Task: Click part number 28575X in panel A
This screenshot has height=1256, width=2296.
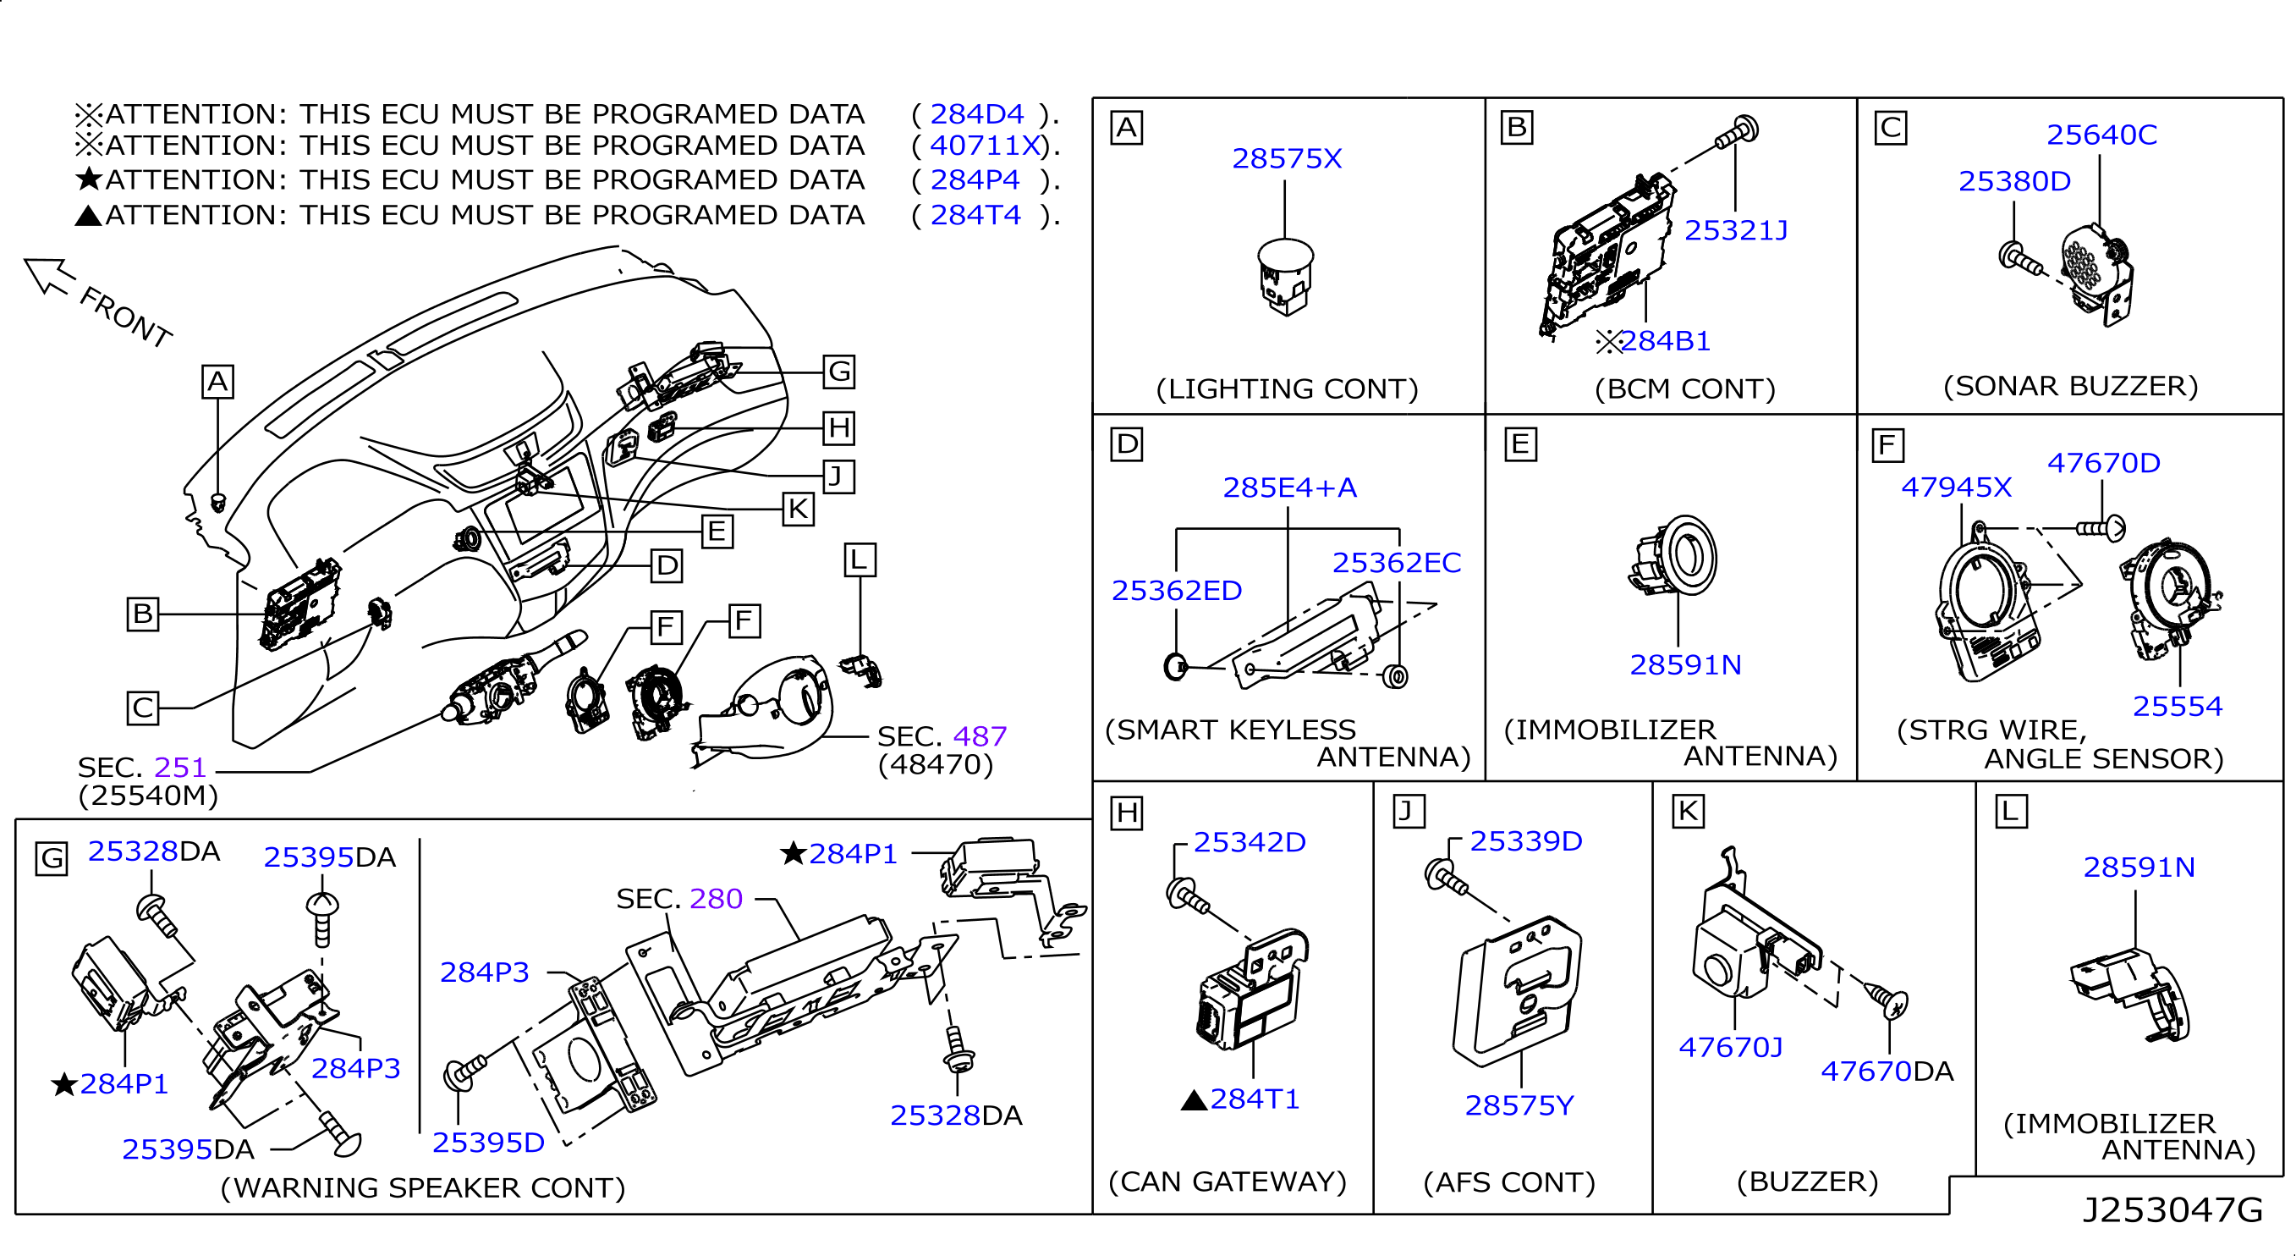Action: tap(1286, 158)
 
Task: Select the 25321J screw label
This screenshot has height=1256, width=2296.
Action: tap(1735, 231)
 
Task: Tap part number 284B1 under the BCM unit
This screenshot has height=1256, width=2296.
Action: tap(1665, 341)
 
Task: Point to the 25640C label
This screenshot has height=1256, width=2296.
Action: tap(2101, 135)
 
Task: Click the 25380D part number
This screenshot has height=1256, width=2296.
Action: tap(2013, 182)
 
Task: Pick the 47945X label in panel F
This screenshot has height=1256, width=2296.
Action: tap(1956, 488)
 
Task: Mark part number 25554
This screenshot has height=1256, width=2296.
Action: tap(2177, 707)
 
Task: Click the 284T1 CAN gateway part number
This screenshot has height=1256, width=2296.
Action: tap(1254, 1099)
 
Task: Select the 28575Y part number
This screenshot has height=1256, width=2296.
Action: tap(1519, 1106)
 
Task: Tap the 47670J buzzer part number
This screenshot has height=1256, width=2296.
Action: tap(1730, 1048)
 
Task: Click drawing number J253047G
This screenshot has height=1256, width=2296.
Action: tap(2172, 1210)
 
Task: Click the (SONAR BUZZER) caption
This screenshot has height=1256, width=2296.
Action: tap(2069, 386)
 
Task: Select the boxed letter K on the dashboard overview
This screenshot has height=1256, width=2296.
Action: tap(798, 509)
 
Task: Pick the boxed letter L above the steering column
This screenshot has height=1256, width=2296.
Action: tap(860, 560)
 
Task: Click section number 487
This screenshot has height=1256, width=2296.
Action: tap(980, 736)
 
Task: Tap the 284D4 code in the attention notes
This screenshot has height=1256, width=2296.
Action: tap(977, 114)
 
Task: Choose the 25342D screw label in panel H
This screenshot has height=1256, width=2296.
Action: tap(1249, 842)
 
